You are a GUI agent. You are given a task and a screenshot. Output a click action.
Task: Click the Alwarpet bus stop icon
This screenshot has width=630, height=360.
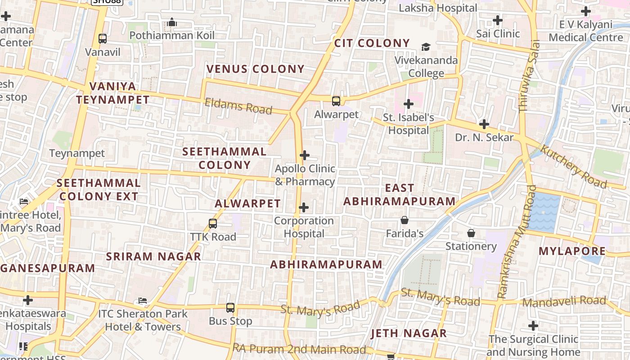pyautogui.click(x=336, y=101)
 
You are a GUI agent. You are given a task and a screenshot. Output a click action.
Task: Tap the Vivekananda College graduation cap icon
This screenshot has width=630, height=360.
pyautogui.click(x=426, y=47)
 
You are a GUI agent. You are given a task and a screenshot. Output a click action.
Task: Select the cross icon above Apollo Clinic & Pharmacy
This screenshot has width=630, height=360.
pyautogui.click(x=305, y=155)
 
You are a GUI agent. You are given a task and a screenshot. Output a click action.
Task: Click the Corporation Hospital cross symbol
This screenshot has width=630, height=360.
pyautogui.click(x=304, y=207)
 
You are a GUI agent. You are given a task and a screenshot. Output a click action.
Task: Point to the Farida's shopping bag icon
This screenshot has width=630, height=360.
pyautogui.click(x=405, y=220)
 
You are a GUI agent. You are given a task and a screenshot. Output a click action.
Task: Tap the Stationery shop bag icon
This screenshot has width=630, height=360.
pyautogui.click(x=471, y=233)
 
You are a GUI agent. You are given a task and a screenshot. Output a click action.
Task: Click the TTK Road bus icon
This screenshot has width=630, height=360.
pyautogui.click(x=213, y=223)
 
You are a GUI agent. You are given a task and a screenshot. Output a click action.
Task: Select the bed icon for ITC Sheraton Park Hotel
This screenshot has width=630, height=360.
pyautogui.click(x=143, y=300)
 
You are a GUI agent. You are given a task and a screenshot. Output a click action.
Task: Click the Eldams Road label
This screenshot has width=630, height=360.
pyautogui.click(x=238, y=106)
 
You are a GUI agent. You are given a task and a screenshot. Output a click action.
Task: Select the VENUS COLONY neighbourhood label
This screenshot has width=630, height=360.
pyautogui.click(x=255, y=69)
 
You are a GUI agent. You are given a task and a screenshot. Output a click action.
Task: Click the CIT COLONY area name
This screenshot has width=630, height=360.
pyautogui.click(x=372, y=43)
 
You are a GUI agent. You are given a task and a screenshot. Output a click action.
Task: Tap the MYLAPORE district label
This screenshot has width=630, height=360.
pyautogui.click(x=572, y=251)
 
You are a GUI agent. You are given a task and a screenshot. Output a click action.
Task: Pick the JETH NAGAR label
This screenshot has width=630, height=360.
pyautogui.click(x=409, y=333)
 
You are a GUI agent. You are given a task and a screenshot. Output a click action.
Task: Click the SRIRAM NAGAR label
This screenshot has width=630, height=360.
pyautogui.click(x=153, y=256)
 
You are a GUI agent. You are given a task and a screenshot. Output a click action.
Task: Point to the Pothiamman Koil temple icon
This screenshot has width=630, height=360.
pyautogui.click(x=171, y=22)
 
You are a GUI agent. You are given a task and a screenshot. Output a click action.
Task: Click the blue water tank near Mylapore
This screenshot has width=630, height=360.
pyautogui.click(x=544, y=212)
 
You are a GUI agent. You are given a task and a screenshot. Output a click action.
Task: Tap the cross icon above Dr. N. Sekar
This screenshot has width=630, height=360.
pyautogui.click(x=484, y=124)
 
